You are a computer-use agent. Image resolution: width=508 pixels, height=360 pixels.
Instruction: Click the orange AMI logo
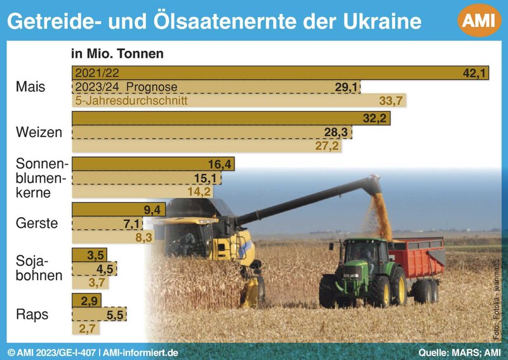[479, 20]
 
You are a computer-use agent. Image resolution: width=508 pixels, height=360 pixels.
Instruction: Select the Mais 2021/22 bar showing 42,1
[280, 73]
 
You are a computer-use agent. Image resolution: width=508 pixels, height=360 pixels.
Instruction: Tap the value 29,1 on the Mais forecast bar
[346, 87]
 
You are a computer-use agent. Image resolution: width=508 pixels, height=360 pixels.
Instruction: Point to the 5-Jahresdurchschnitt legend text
[131, 100]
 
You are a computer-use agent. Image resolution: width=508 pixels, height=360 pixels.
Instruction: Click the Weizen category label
[39, 132]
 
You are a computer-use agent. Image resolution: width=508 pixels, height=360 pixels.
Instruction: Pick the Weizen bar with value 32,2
[231, 118]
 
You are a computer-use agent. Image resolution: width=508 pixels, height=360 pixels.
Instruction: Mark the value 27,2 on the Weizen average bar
[327, 146]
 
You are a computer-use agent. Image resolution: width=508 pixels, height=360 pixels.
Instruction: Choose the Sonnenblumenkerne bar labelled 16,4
[153, 164]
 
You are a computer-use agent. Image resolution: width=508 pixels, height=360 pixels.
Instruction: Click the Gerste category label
[37, 223]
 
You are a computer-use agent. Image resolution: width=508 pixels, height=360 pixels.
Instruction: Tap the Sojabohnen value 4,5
[105, 269]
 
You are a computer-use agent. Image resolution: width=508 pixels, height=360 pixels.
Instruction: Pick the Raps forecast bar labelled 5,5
[99, 314]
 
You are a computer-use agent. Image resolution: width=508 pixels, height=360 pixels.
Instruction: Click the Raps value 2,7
[87, 328]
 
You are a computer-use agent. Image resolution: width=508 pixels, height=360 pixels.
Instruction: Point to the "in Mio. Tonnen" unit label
[117, 53]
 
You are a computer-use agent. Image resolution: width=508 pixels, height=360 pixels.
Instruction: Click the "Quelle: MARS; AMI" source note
[460, 352]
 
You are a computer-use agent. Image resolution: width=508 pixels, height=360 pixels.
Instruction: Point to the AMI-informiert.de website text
[140, 352]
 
